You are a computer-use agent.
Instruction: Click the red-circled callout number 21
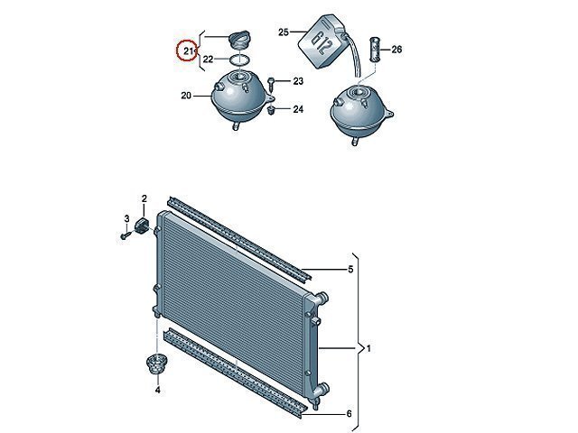188,51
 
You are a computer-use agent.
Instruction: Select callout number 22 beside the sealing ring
209,59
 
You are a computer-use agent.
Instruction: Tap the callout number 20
186,96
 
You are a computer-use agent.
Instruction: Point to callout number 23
298,81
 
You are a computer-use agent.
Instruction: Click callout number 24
298,109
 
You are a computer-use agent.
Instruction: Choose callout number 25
283,32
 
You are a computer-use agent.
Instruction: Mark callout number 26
396,50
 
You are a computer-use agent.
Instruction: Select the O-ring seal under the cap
240,60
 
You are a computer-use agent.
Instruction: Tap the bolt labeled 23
271,84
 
